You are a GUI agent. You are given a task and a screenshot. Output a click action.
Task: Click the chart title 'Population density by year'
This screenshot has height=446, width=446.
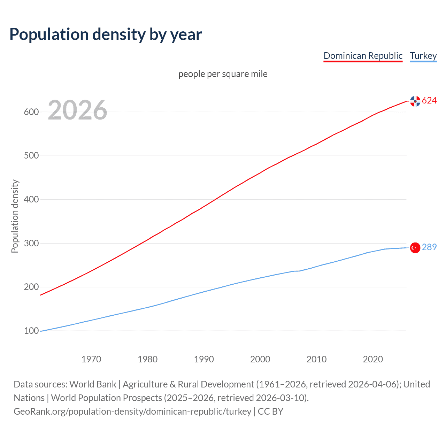coord(106,34)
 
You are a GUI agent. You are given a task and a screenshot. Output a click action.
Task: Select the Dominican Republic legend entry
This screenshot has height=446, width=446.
coord(363,56)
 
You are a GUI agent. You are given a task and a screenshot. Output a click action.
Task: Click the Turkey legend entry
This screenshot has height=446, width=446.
coord(423,56)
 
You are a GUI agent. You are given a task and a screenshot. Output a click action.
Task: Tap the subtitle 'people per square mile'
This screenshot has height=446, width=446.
coord(223,74)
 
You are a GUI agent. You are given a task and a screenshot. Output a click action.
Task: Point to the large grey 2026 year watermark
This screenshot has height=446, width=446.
coord(77,110)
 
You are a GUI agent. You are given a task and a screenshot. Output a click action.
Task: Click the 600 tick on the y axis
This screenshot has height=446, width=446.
coord(31,112)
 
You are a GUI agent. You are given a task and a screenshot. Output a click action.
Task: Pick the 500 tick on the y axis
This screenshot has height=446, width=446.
coord(31,155)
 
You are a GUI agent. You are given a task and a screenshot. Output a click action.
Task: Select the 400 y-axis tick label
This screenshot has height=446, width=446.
coord(31,199)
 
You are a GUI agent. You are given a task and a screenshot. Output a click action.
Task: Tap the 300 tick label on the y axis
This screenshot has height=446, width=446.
coord(31,243)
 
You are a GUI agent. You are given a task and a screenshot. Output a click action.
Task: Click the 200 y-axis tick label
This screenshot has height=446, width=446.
coord(31,287)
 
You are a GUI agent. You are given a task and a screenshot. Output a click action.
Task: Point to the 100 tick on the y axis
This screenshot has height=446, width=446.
coord(31,331)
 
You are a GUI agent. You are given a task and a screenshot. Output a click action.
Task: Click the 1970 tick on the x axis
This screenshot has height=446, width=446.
coord(91,359)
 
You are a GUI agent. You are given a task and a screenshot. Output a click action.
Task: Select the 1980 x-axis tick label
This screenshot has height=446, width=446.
coord(148,359)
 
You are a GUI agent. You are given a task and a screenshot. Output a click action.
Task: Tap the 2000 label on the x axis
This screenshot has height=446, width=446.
coord(260,359)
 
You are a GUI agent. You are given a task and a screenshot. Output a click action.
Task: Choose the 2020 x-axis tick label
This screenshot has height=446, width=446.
coord(373,359)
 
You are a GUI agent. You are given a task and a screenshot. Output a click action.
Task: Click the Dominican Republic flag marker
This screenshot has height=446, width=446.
coord(415,101)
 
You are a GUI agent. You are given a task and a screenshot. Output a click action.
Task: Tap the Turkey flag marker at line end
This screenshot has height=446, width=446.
coord(415,248)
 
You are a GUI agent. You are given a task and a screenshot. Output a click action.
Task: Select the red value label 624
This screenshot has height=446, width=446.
coord(429,101)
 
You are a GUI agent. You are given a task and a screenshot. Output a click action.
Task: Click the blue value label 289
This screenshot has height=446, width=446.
coord(429,247)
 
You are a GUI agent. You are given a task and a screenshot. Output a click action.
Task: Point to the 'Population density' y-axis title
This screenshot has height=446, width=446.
coord(15,216)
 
